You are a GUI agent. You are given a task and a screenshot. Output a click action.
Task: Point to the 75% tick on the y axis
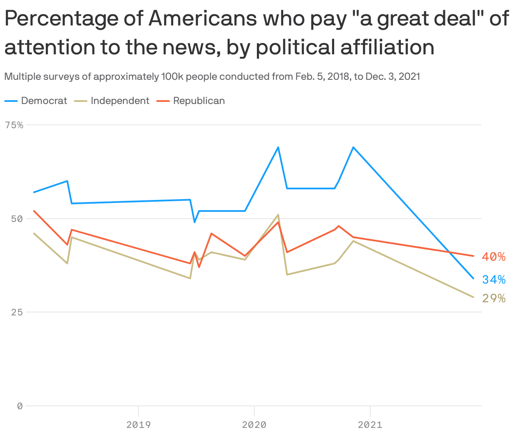click(14, 125)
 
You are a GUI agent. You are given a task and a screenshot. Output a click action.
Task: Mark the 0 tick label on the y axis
click(20, 406)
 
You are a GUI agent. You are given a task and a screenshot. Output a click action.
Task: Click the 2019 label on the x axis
click(138, 424)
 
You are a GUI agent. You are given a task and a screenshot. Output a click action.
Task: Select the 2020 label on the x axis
click(254, 424)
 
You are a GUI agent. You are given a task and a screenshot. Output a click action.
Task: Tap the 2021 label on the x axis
click(370, 424)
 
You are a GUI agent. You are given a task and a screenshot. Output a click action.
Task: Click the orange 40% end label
click(494, 256)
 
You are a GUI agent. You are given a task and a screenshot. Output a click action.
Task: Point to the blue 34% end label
click(494, 279)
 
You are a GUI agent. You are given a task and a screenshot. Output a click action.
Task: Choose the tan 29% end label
click(494, 298)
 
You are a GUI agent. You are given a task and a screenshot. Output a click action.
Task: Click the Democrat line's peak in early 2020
click(278, 147)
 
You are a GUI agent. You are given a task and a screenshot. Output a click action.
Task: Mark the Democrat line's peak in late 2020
click(353, 147)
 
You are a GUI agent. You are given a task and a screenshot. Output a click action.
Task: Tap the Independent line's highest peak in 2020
click(278, 215)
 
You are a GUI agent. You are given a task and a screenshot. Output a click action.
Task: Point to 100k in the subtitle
click(172, 76)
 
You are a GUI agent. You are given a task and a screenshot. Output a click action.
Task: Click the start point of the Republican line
click(34, 211)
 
